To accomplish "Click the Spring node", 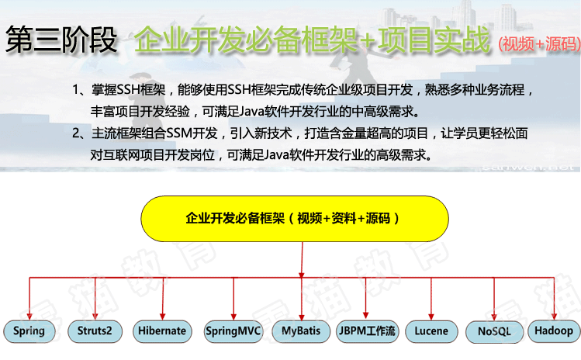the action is click(29, 331).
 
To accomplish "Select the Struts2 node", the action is click(95, 331).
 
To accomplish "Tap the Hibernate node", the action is click(162, 331).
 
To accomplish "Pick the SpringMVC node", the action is click(233, 331).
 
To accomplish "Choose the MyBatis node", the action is click(301, 331).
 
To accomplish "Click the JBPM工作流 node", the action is click(367, 331).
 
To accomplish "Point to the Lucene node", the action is click(431, 331).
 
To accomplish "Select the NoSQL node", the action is click(494, 331).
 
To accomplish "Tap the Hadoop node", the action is click(554, 331).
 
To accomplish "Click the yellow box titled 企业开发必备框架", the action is click(295, 219).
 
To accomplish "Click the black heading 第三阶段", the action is click(61, 40).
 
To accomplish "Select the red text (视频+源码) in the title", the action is click(539, 44).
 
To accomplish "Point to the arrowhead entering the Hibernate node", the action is click(162, 317).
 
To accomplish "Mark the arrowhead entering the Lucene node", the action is click(431, 317).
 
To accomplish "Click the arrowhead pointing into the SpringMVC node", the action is click(233, 317).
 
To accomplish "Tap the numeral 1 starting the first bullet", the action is click(76, 90).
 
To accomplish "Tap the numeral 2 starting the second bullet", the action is click(76, 133).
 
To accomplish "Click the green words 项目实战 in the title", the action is click(434, 40).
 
